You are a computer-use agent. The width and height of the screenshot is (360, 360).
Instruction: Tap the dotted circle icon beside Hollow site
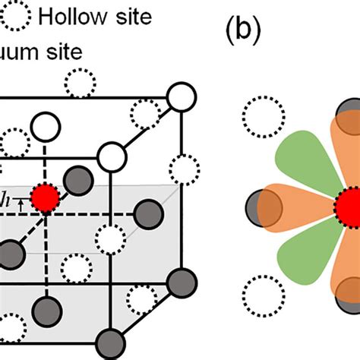pyautogui.click(x=16, y=15)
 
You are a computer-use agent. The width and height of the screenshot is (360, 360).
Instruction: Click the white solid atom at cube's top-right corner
pyautogui.click(x=180, y=97)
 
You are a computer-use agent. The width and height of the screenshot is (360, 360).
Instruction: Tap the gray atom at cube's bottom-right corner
pyautogui.click(x=180, y=280)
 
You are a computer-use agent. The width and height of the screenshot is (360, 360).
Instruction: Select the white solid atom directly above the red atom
pyautogui.click(x=44, y=125)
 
